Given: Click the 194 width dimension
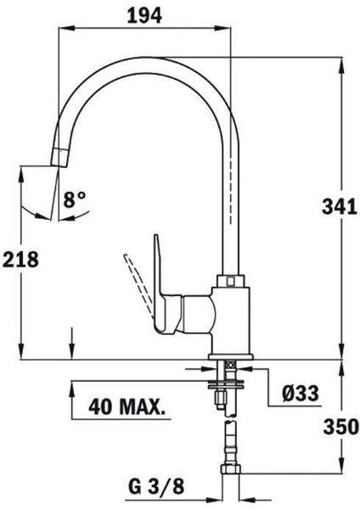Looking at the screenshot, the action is [144, 15].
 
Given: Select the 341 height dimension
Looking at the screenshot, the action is [340, 207].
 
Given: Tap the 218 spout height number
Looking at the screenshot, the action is [20, 259].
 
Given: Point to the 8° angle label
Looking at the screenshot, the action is [75, 199].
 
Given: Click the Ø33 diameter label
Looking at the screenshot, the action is [301, 394].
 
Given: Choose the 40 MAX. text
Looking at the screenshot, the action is [127, 406].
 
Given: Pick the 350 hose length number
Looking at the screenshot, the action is [341, 427].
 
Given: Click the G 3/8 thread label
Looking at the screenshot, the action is [156, 486].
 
